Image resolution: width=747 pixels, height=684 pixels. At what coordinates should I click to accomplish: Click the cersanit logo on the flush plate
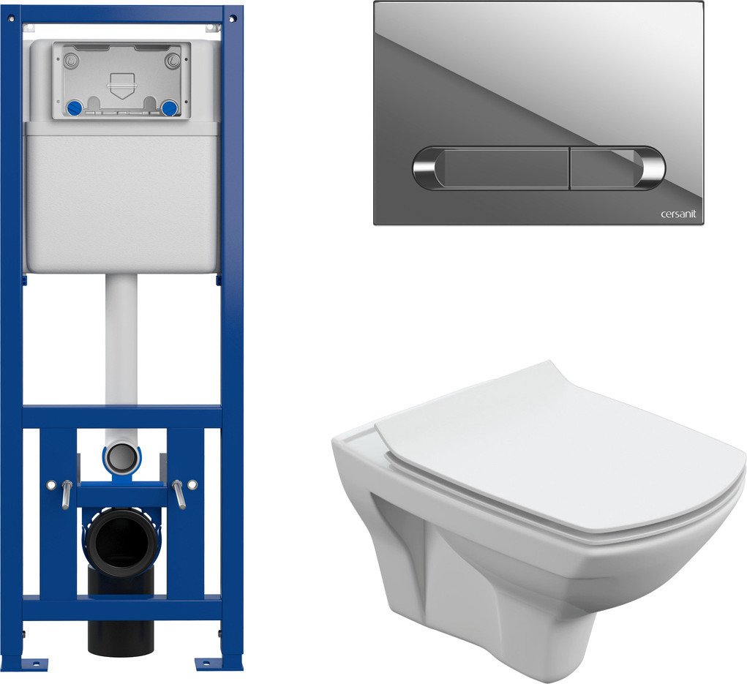coord(678,214)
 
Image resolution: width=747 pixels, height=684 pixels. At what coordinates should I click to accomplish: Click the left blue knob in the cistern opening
coord(75,108)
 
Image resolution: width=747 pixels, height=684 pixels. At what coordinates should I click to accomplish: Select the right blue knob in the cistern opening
coord(169,108)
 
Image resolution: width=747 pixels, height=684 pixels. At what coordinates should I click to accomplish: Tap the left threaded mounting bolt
coord(67,494)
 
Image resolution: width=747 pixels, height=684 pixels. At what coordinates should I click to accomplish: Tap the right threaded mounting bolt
coord(179,494)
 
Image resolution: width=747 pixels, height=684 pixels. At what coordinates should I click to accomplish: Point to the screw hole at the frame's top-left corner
coord(12,18)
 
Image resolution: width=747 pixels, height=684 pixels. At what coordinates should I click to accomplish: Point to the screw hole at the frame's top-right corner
coord(233,18)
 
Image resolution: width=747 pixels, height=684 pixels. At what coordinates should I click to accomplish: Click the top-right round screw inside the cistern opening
coord(173,61)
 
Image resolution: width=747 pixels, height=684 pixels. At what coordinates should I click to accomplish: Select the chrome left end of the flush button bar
coord(425,168)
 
